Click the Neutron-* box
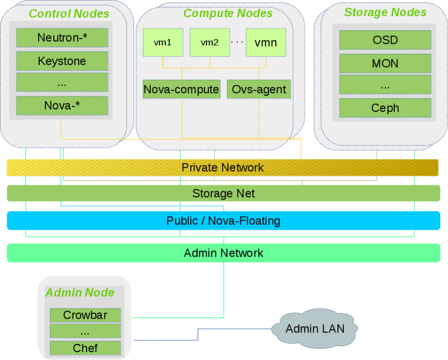[x=62, y=38]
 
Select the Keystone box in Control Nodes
[x=62, y=61]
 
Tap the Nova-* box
[x=62, y=106]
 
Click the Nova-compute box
[x=181, y=89]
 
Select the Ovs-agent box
[x=259, y=89]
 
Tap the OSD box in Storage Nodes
[x=385, y=40]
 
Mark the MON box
[x=385, y=64]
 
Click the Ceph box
[x=385, y=108]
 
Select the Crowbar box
[x=85, y=315]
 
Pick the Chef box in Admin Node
[x=85, y=348]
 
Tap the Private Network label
[x=223, y=168]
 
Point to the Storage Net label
[x=224, y=193]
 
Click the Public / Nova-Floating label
[x=223, y=221]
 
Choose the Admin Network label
[x=223, y=253]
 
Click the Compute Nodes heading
[x=228, y=13]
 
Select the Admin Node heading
[x=80, y=293]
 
